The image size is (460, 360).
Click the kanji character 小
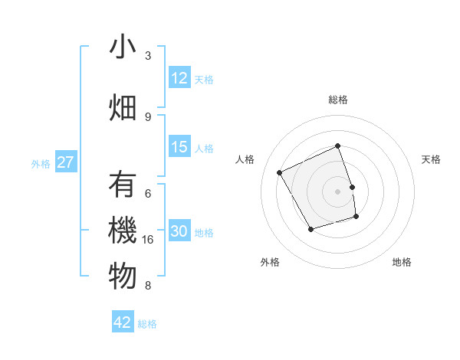[123, 47]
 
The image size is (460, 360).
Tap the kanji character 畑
[123, 107]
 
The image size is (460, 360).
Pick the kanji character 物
[123, 277]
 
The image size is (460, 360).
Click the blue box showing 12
[179, 78]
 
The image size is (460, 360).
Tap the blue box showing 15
[179, 147]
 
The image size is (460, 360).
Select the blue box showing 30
[179, 231]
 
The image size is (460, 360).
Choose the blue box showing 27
[66, 162]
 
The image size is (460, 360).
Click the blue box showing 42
[123, 322]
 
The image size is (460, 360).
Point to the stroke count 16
[150, 240]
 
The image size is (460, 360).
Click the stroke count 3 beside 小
[148, 56]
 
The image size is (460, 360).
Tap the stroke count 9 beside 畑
[148, 116]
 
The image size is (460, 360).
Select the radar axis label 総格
[337, 100]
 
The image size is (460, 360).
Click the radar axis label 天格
[431, 159]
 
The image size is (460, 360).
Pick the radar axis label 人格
[245, 159]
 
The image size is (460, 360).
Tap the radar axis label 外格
[269, 262]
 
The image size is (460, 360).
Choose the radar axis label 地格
[402, 262]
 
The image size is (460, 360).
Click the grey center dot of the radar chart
[337, 191]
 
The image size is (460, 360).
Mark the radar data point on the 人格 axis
[280, 172]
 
